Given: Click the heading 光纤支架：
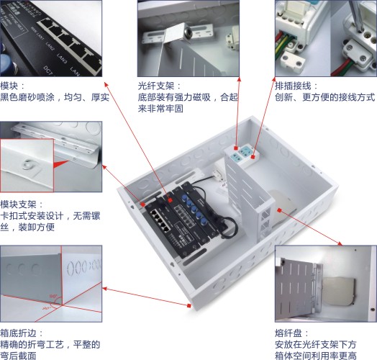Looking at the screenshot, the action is coord(159,86).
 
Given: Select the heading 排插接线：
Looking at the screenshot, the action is coord(296,86).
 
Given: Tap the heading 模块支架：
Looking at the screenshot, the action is coord(22,204).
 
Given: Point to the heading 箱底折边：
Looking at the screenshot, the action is coord(22,333).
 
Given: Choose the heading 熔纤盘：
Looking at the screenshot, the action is coord(292,333).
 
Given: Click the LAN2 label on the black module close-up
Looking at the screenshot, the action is coord(50,46).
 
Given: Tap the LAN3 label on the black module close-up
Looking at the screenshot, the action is coord(62,58).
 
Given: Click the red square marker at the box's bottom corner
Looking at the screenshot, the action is coord(189,305).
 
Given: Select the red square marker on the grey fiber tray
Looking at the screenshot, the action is coord(279,210).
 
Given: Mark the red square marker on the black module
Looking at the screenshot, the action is coord(171,200).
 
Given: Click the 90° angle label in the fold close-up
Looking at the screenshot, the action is coord(53,296).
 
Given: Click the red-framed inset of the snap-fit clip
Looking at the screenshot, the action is coord(27,166).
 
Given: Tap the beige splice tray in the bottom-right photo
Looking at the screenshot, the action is coord(339,291).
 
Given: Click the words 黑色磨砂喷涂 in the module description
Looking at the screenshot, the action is coord(27,97).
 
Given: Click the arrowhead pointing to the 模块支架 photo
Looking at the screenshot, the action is coord(104,167).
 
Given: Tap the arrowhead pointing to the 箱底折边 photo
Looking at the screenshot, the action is coord(105,288).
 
